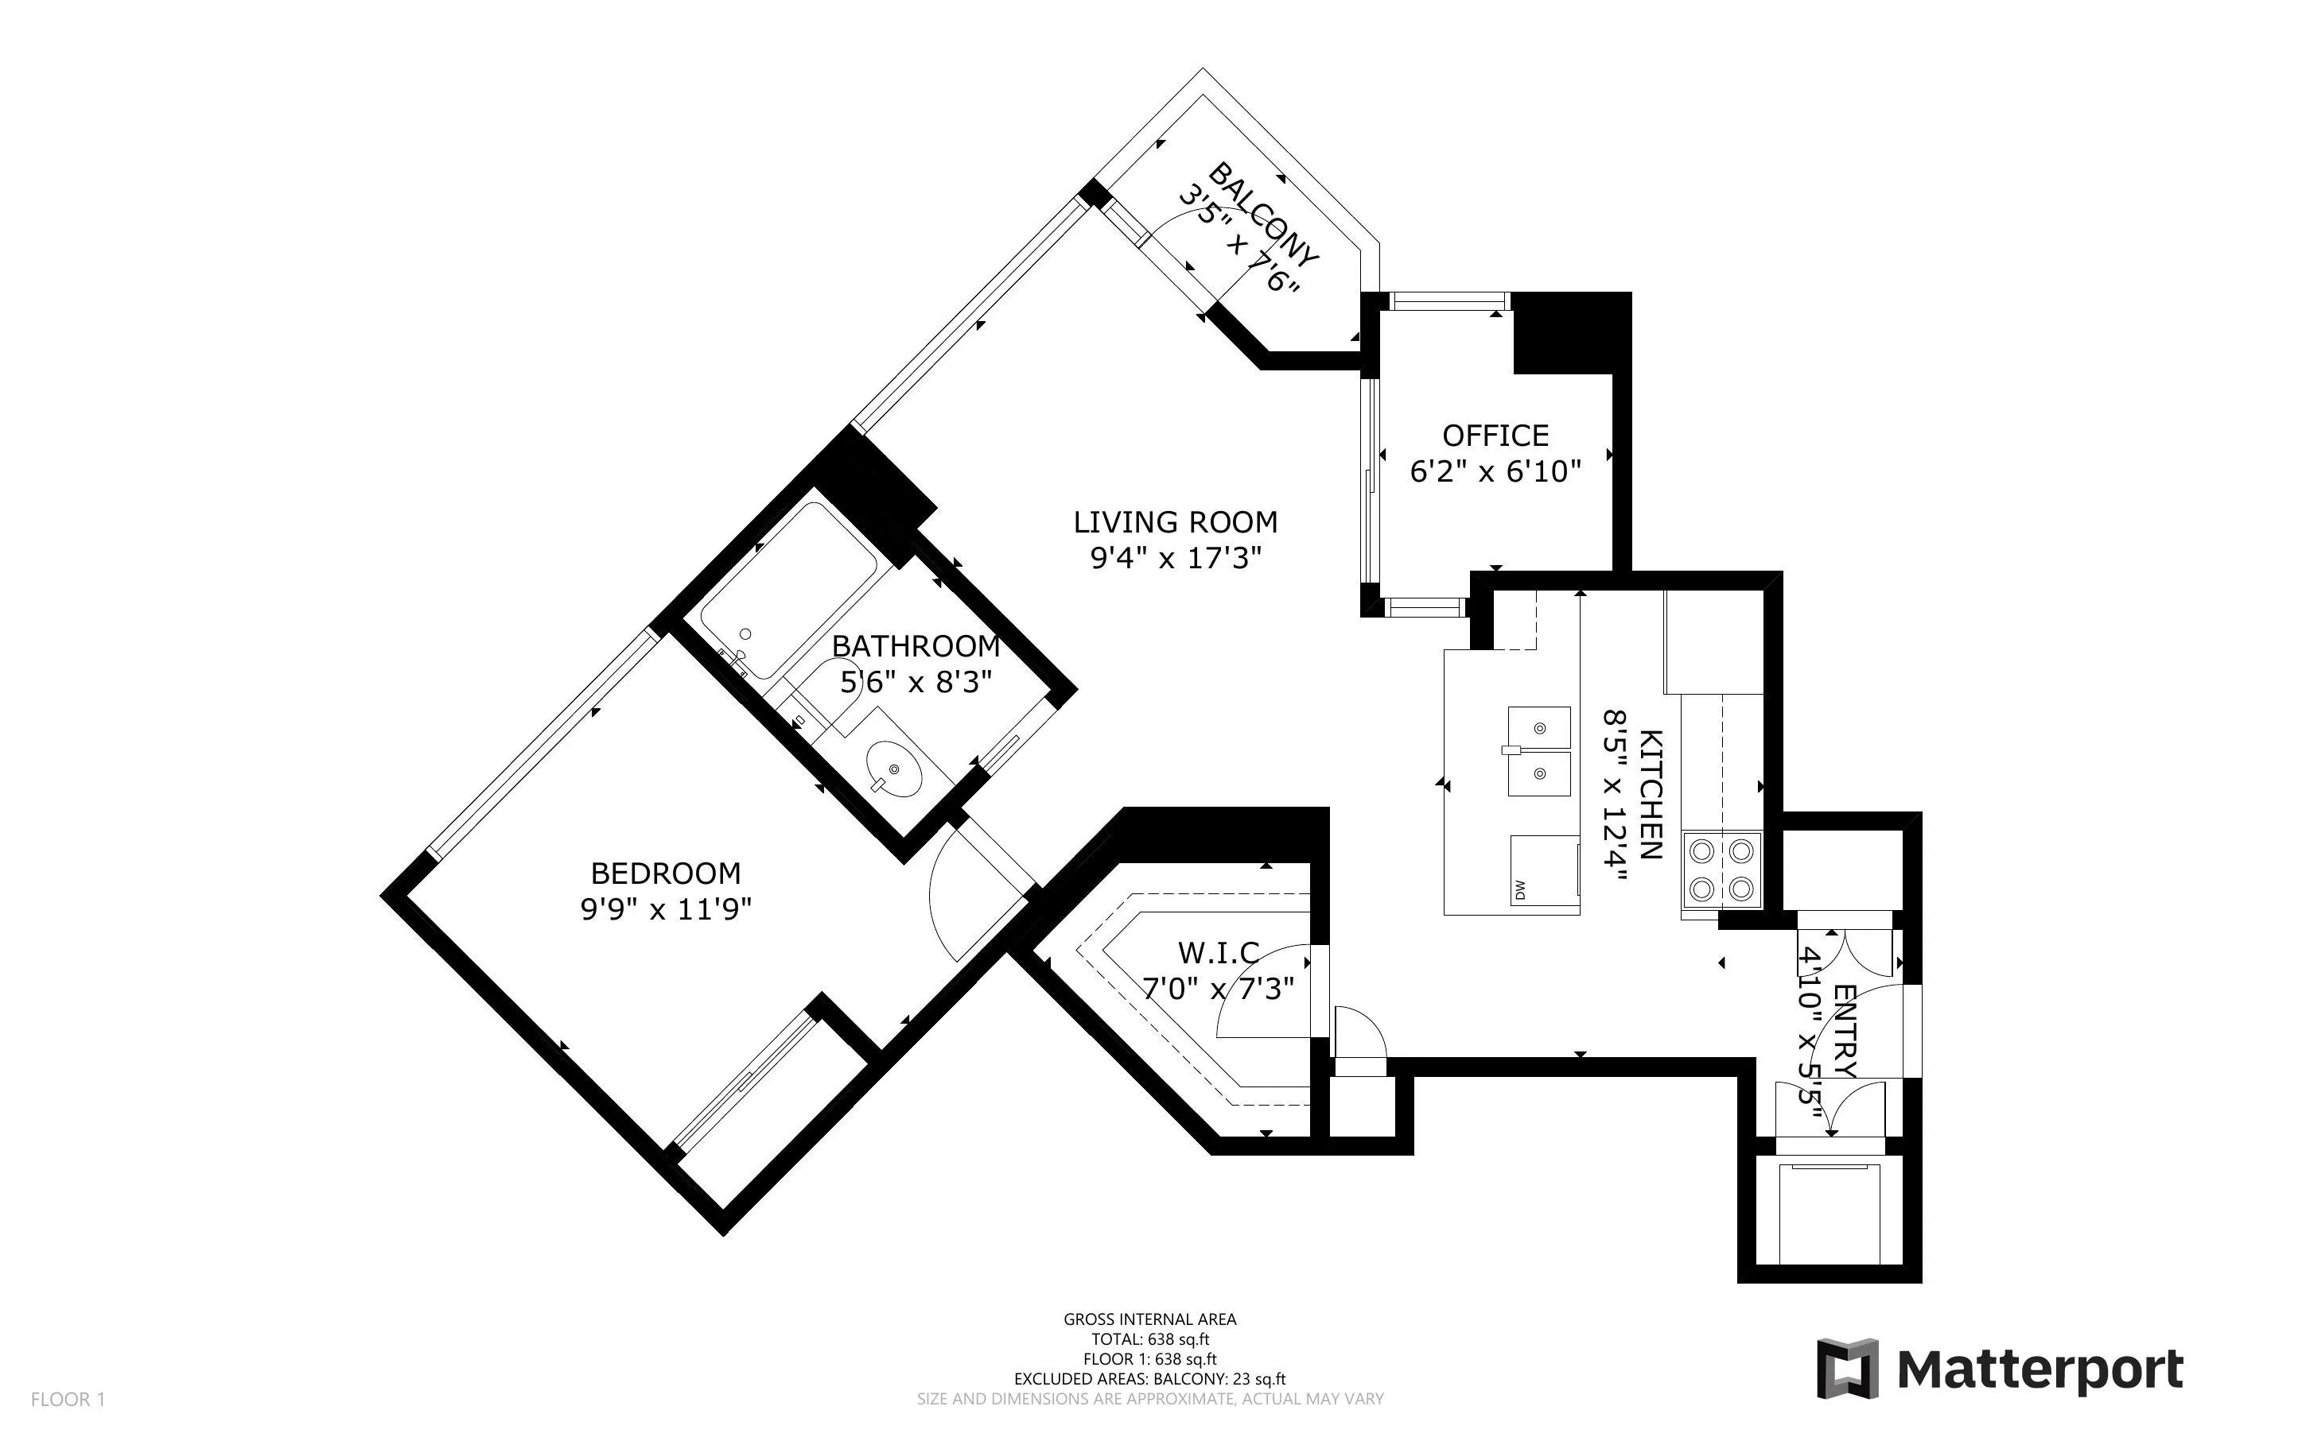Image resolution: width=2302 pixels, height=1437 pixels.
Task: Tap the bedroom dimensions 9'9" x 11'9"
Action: [x=666, y=909]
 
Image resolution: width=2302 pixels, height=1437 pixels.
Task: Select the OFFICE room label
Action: [x=1495, y=436]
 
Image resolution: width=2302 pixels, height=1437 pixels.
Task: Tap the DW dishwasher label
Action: [x=1519, y=890]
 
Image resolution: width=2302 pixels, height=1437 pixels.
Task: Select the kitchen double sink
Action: [x=1538, y=751]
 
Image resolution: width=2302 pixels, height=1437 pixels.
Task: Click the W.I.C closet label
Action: [x=1218, y=951]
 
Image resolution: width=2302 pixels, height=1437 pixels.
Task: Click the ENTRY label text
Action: [x=1844, y=1031]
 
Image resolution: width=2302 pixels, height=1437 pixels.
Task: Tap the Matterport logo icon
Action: [x=1849, y=1368]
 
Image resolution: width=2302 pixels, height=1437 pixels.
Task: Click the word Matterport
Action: [x=2040, y=1369]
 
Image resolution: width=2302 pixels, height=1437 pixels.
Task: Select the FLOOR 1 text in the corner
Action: [x=68, y=1399]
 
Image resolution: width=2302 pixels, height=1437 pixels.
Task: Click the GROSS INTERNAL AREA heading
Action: [x=1149, y=1319]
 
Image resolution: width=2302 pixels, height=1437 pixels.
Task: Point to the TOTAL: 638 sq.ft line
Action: [x=1149, y=1339]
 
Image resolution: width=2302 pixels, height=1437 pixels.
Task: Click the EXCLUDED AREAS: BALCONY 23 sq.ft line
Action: [x=1149, y=1379]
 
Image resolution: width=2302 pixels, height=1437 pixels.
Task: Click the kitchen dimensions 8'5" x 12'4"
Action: [x=1614, y=796]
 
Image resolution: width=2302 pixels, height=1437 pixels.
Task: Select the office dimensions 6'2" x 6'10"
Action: [x=1495, y=471]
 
